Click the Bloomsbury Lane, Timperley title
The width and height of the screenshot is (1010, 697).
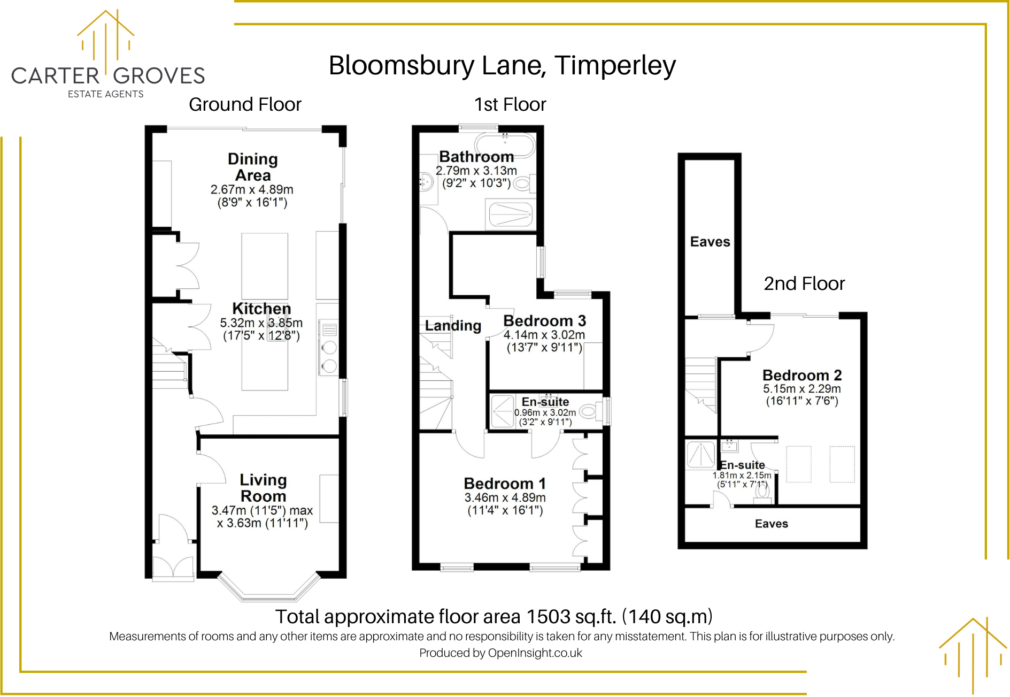coord(502,66)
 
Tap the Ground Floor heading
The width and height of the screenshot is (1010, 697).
coord(245,104)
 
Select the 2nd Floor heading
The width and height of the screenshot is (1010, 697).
coord(804,284)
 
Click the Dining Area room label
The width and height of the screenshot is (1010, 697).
coord(252,167)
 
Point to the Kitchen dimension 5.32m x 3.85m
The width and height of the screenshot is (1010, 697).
coord(261,323)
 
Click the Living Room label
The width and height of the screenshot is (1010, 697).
coord(263,488)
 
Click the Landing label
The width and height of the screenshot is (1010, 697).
coord(453,326)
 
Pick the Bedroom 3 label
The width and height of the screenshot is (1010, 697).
coord(544,321)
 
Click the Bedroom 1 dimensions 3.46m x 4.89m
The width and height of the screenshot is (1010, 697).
coord(505,497)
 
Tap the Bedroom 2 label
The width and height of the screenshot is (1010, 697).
coord(801,375)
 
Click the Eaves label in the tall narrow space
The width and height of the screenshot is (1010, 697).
coord(710,242)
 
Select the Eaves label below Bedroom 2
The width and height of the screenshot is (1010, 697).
coord(771,524)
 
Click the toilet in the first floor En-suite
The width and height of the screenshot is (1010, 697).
coord(589,411)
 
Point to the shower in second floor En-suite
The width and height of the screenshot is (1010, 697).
coord(700,455)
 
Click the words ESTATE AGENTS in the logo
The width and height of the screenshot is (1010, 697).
coord(105,94)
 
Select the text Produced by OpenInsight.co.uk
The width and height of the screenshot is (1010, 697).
coord(500,653)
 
